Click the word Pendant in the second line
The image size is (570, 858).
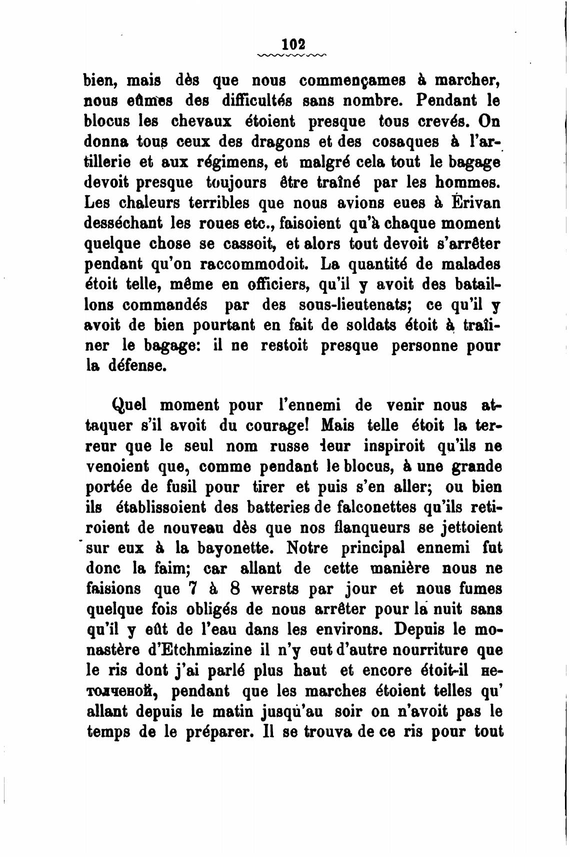pyautogui.click(x=445, y=100)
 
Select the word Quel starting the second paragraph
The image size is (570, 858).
pyautogui.click(x=131, y=404)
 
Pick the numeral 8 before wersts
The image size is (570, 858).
pyautogui.click(x=235, y=589)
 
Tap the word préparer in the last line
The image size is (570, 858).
pyautogui.click(x=216, y=732)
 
